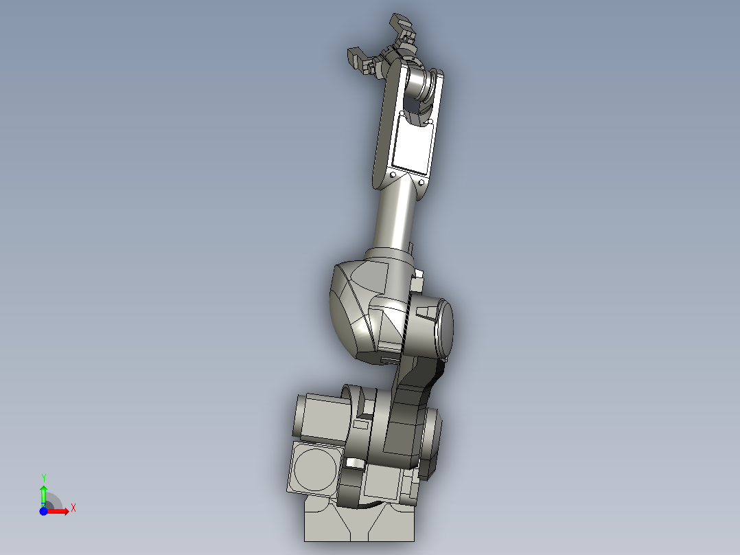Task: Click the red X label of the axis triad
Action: click(73, 508)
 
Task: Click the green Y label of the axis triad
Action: click(44, 477)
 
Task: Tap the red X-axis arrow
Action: click(60, 511)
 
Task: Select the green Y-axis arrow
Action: click(43, 495)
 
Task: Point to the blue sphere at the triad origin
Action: click(43, 511)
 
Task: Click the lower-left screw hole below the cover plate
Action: click(392, 176)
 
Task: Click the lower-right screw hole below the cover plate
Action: click(420, 183)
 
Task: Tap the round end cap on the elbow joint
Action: click(443, 328)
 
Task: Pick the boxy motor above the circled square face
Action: click(323, 417)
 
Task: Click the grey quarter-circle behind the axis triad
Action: click(54, 502)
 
